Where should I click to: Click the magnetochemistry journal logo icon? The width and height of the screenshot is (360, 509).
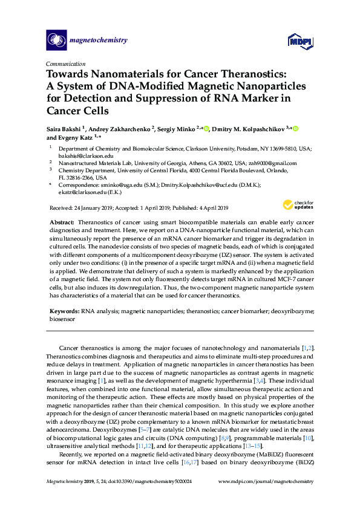(56, 41)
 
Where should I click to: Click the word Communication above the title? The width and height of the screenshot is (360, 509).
(66, 64)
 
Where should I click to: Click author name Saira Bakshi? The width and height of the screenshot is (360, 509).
(67, 129)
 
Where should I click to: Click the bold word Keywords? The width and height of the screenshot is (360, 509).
(64, 310)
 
